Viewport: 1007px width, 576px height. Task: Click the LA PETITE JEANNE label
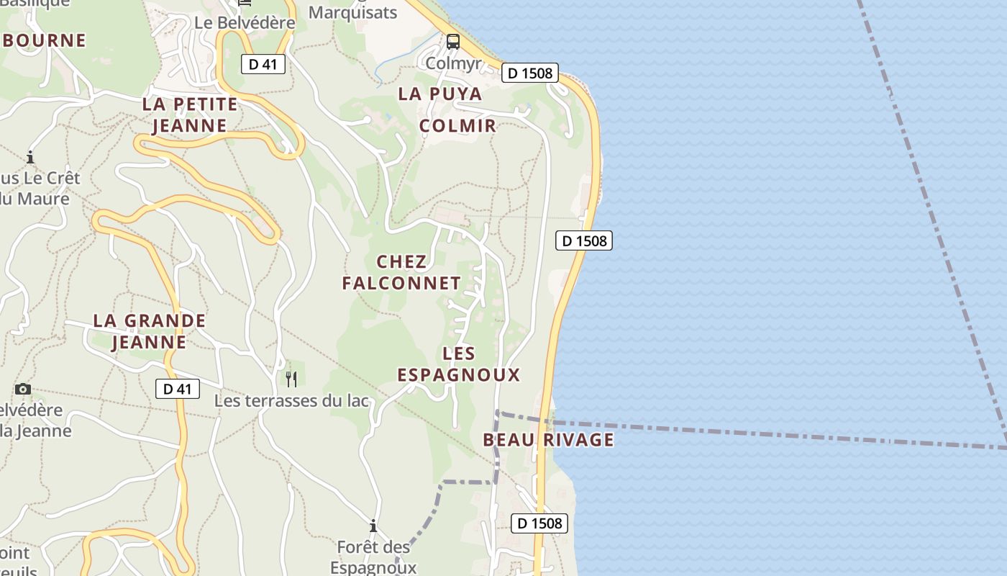tap(190, 114)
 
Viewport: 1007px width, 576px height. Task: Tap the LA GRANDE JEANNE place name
tap(150, 331)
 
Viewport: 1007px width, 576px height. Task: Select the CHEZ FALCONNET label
tap(401, 272)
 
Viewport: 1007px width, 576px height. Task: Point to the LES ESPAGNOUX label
tap(459, 364)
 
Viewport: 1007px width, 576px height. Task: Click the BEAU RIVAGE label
tap(548, 439)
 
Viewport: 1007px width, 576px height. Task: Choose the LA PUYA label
tap(440, 94)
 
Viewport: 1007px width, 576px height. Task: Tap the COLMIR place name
tap(457, 125)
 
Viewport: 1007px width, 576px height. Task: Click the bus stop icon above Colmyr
tap(453, 42)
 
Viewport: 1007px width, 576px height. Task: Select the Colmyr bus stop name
tap(453, 63)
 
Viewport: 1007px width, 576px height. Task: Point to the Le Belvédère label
tap(245, 23)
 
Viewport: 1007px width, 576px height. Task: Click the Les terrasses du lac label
tap(291, 401)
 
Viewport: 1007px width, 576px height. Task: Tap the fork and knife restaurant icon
tap(291, 379)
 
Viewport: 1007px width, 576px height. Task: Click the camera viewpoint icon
tap(23, 390)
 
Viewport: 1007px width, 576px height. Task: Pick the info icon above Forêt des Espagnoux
tap(373, 526)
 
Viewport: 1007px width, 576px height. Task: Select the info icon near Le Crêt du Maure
tap(30, 157)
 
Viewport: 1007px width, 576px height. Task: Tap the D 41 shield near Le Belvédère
tap(263, 64)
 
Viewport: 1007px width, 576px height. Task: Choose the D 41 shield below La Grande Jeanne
tap(178, 389)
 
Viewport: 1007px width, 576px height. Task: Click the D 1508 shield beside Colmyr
tap(530, 73)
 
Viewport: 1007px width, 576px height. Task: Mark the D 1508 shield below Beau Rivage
tap(539, 523)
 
